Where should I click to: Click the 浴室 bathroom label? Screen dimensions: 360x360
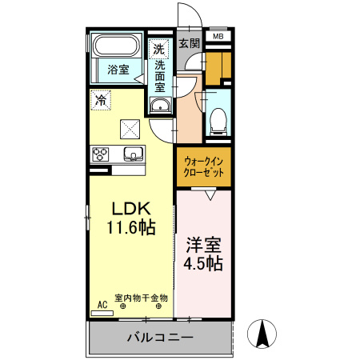[118, 70]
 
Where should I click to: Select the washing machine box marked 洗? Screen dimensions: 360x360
[158, 50]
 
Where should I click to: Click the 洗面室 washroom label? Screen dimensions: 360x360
[160, 76]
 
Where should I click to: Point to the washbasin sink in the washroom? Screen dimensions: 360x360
[159, 106]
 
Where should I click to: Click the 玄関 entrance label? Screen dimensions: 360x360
[189, 44]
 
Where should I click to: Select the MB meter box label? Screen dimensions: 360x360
[218, 36]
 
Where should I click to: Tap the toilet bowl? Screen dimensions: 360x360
[217, 119]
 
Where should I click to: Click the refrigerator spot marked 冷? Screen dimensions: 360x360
[100, 100]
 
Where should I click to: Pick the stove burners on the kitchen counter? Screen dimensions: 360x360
[102, 154]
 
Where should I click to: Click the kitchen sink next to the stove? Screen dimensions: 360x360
[132, 154]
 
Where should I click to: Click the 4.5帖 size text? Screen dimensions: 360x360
[204, 262]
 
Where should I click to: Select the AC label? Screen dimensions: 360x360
[102, 305]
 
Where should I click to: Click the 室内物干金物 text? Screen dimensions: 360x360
[141, 298]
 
